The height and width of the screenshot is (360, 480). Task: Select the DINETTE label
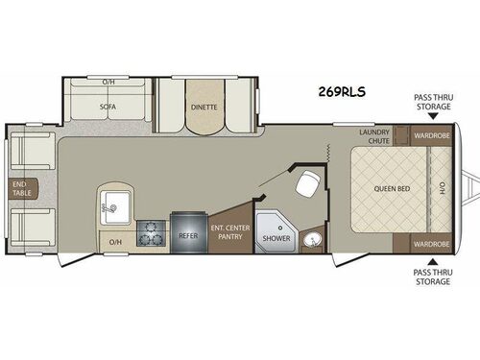pyautogui.click(x=202, y=108)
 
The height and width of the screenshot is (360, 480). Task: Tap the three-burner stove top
pyautogui.click(x=152, y=233)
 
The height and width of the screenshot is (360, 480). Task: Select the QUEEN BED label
pyautogui.click(x=392, y=189)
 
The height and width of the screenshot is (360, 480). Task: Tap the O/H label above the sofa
pyautogui.click(x=108, y=82)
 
